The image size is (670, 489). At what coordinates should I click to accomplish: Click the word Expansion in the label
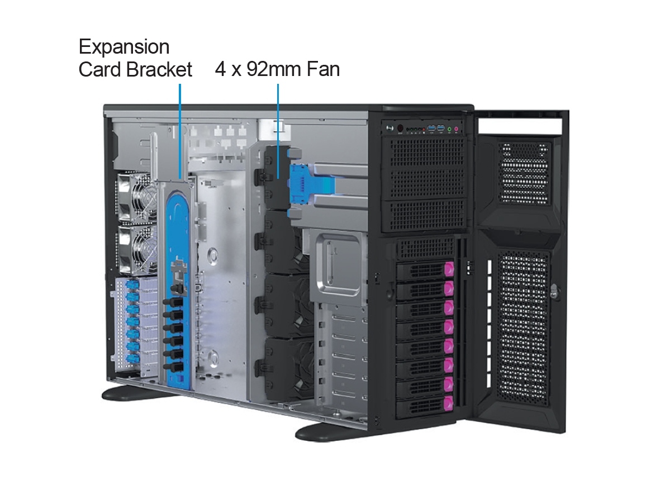click(x=124, y=46)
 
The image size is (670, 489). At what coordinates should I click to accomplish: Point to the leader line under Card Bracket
click(x=180, y=129)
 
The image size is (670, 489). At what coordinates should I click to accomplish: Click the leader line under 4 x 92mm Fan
click(x=278, y=129)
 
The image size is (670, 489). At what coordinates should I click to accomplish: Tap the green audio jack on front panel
click(x=449, y=130)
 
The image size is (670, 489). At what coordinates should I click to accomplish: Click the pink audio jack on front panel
click(x=457, y=130)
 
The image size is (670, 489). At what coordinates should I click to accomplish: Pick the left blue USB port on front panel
click(x=431, y=130)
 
